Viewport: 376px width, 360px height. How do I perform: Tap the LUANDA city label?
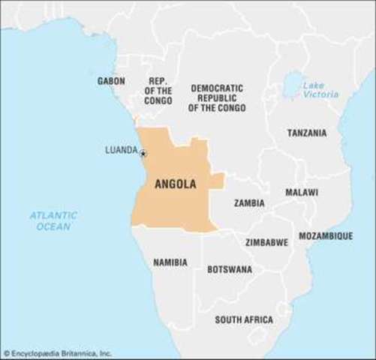click(121, 150)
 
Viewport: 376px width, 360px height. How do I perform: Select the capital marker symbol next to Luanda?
click(143, 154)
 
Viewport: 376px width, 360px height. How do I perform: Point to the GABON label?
click(111, 80)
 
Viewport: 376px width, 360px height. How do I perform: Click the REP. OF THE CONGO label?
click(158, 90)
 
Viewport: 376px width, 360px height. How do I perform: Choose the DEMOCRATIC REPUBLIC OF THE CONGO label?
click(216, 97)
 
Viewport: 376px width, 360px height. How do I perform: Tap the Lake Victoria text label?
click(320, 90)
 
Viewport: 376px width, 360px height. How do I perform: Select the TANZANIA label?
click(307, 133)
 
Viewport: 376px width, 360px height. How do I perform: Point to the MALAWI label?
click(301, 193)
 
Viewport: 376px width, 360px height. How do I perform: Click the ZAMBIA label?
click(248, 202)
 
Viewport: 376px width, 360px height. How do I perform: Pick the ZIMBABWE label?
click(266, 242)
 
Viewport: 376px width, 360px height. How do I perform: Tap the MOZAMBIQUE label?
click(326, 235)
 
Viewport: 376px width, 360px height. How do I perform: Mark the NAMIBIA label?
click(170, 262)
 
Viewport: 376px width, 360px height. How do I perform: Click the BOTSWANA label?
click(230, 268)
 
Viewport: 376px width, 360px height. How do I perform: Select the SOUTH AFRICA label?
click(244, 319)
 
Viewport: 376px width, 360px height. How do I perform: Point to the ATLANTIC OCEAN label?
click(53, 220)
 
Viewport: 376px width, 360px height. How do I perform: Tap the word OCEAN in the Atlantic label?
click(53, 226)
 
